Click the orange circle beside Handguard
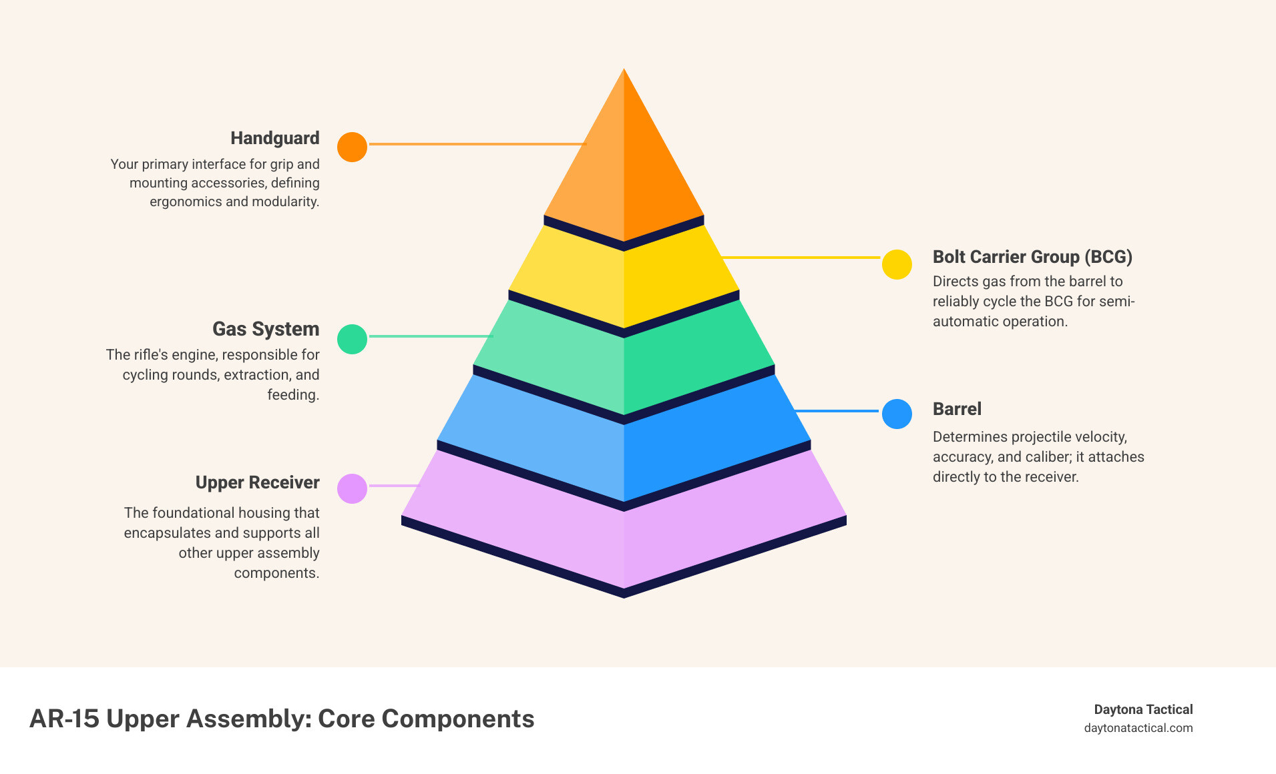[x=352, y=147]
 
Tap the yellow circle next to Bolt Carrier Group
[x=897, y=264]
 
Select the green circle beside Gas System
[x=352, y=339]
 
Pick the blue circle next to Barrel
[x=897, y=414]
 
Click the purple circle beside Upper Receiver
[x=352, y=488]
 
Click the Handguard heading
[x=275, y=138]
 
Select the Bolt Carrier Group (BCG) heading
[x=1032, y=257]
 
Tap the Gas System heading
[x=266, y=329]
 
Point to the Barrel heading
[x=957, y=409]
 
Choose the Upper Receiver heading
[x=257, y=482]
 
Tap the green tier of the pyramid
[x=624, y=360]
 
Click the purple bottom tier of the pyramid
[x=624, y=527]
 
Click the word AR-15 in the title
[x=64, y=719]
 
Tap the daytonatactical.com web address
[x=1138, y=728]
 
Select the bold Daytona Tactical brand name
[x=1143, y=709]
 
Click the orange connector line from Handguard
[x=477, y=144]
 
